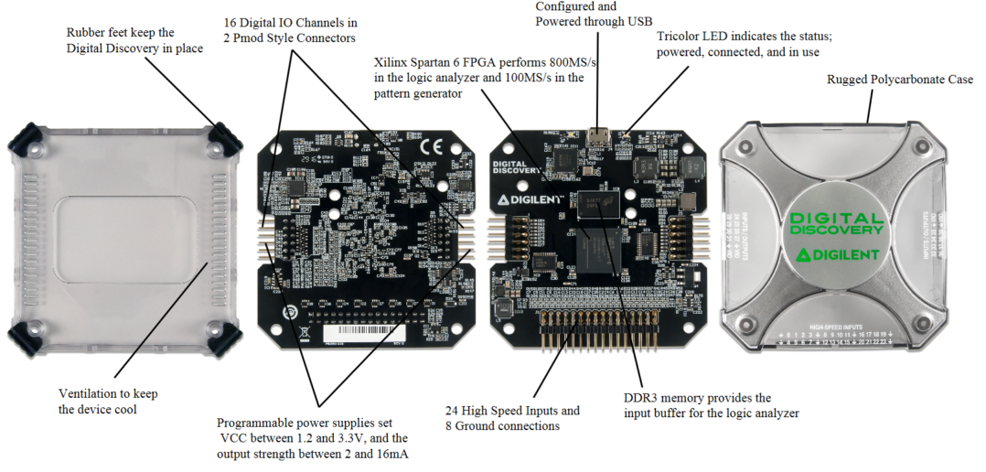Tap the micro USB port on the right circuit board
[599, 137]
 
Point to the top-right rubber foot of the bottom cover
[221, 136]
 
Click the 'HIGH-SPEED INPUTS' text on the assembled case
[835, 327]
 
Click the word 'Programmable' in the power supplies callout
[255, 423]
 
